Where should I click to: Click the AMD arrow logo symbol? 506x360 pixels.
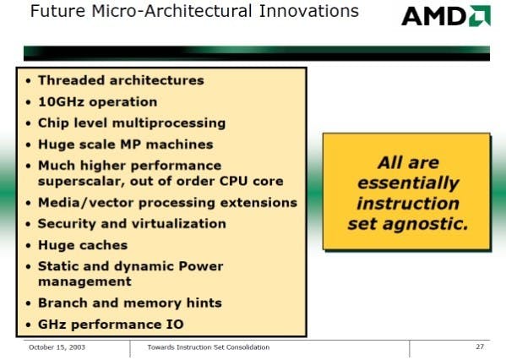click(x=480, y=15)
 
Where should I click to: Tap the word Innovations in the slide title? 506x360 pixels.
click(x=309, y=11)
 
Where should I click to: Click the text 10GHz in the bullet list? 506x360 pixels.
click(x=62, y=101)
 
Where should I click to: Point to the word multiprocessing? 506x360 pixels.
click(x=169, y=123)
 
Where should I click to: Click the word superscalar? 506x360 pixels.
click(x=81, y=182)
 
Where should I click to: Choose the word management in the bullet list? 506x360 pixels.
click(x=84, y=281)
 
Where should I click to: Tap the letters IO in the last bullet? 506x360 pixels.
click(x=175, y=325)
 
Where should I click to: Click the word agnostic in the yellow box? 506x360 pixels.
click(x=426, y=224)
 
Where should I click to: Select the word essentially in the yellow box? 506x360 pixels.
click(x=408, y=183)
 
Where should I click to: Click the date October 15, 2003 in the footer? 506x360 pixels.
click(x=57, y=347)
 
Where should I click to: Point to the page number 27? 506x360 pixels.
click(x=480, y=346)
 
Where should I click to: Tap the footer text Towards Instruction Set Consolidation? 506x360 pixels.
click(x=209, y=347)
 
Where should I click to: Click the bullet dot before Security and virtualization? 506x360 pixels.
click(x=29, y=224)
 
